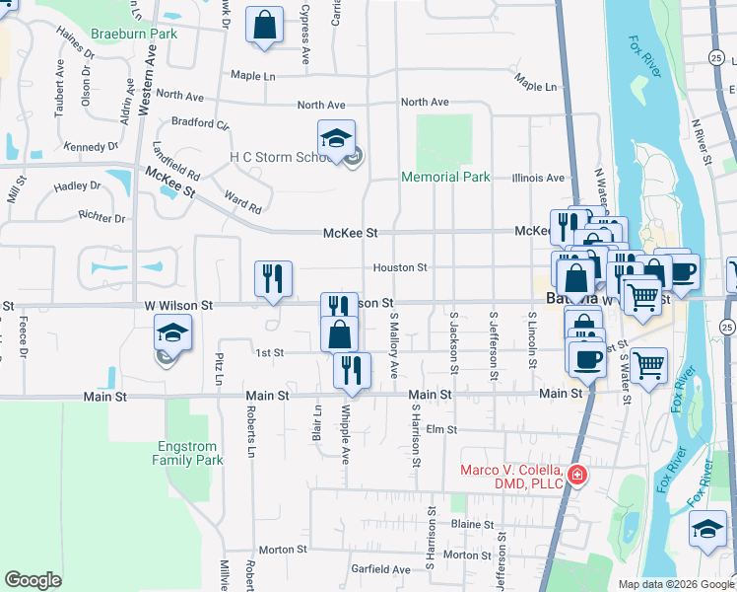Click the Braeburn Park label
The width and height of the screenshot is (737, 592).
133,33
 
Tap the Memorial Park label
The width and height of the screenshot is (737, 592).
446,178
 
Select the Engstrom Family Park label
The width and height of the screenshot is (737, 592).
189,453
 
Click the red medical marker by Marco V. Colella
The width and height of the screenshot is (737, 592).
575,477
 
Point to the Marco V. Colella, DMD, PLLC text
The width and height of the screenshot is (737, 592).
511,476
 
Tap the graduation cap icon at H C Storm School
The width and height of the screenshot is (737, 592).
336,137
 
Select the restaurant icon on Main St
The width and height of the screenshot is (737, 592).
352,370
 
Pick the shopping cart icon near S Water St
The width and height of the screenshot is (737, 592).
649,366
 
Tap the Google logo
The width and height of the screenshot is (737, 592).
33,579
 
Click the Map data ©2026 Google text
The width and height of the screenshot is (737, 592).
675,584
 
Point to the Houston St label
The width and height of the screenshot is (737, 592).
399,267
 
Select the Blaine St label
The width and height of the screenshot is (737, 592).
473,525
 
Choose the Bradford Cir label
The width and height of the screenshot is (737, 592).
199,124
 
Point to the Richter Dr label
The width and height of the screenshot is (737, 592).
102,218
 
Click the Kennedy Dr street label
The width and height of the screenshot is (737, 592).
90,147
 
